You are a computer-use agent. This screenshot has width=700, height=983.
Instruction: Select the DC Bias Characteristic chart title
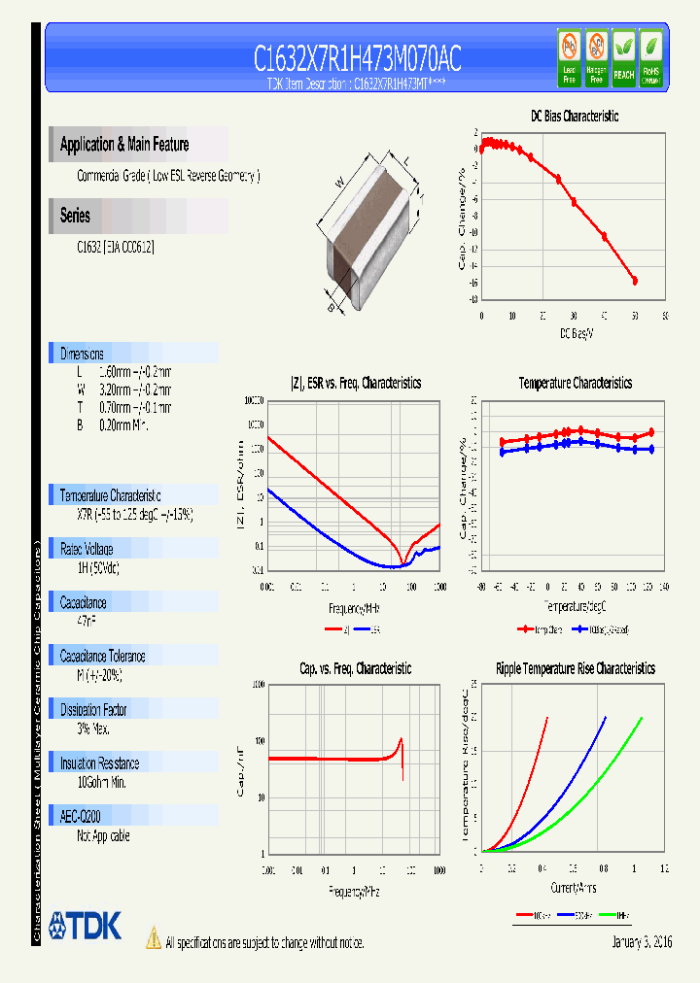point(574,117)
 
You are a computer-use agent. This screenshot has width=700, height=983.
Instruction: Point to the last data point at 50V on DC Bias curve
point(635,281)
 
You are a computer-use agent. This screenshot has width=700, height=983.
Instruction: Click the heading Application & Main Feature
point(124,145)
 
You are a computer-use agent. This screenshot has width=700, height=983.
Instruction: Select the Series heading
point(75,216)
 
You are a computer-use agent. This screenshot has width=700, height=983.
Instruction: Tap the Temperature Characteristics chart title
point(575,384)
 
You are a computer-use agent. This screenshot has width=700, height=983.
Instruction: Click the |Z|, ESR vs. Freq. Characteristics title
point(356,384)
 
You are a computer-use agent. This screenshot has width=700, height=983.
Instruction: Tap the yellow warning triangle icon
point(153,938)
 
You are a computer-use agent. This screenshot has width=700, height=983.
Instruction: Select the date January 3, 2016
point(642,942)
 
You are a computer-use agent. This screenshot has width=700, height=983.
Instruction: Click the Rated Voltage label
point(87,549)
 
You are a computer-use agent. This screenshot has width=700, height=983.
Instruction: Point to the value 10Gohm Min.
point(102,782)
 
